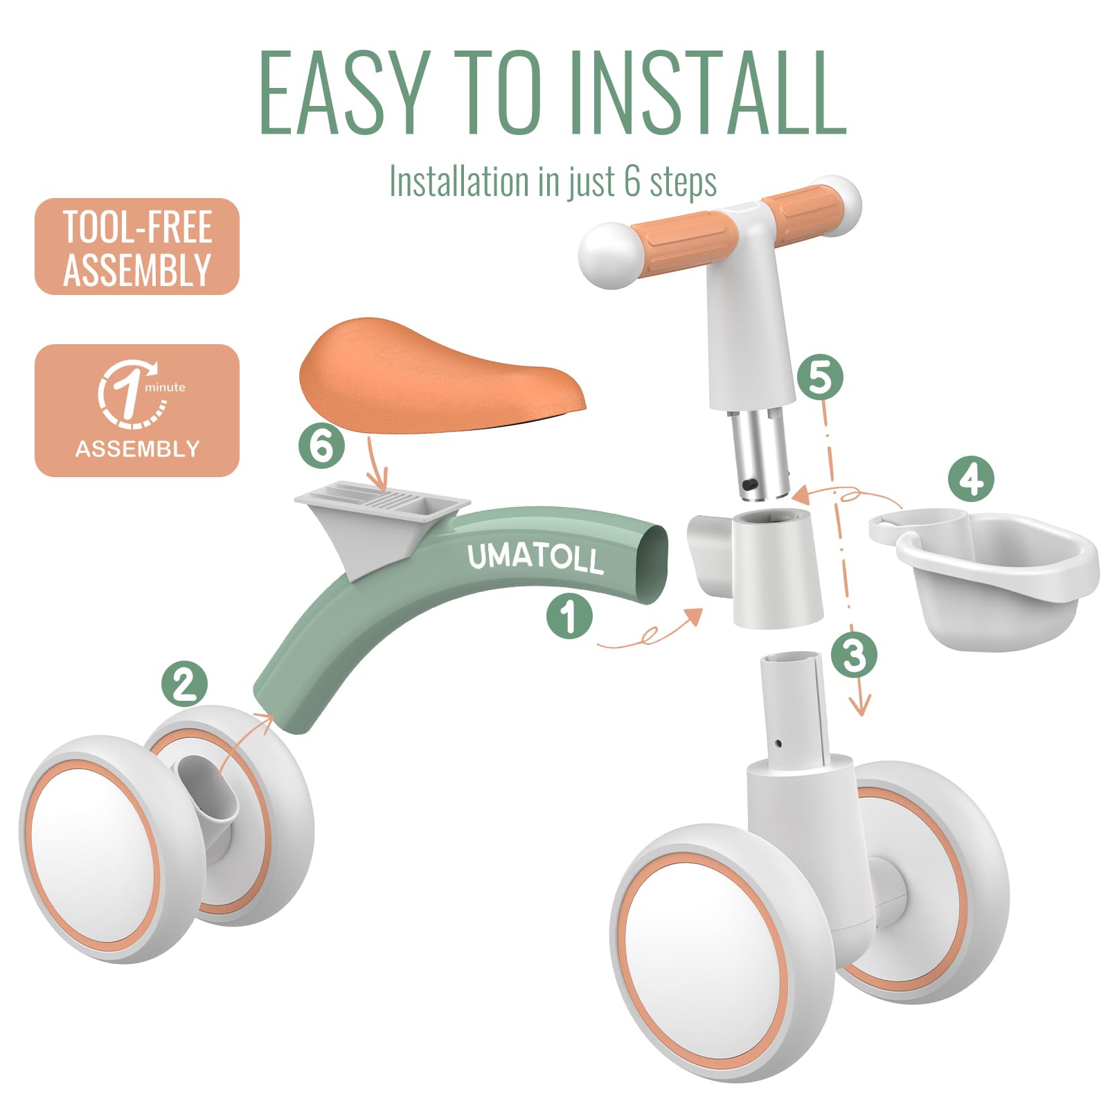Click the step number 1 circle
[569, 616]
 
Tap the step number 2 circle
[184, 683]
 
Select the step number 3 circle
[854, 654]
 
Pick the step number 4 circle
[971, 479]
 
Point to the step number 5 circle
[820, 377]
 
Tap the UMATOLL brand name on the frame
[535, 558]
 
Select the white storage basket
[983, 578]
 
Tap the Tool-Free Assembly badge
[137, 247]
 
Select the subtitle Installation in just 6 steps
[553, 181]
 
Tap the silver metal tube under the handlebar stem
[759, 453]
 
